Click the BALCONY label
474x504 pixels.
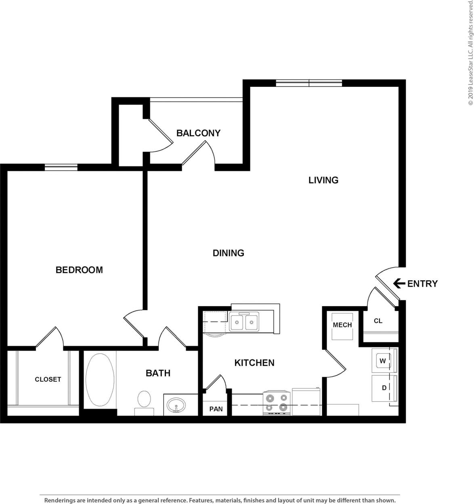click(x=198, y=133)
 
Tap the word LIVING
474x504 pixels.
click(x=323, y=180)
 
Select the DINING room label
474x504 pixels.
click(x=229, y=253)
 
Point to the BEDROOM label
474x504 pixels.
click(x=79, y=270)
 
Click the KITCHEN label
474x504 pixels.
click(x=254, y=363)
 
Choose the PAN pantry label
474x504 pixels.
click(x=216, y=409)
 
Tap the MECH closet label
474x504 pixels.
click(x=342, y=325)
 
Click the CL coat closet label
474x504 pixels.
click(x=378, y=321)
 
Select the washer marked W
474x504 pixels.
click(x=383, y=361)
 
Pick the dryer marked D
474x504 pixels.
click(x=384, y=388)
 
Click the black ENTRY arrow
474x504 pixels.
click(x=399, y=283)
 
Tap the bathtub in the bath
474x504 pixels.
click(x=100, y=380)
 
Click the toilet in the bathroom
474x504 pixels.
click(x=144, y=400)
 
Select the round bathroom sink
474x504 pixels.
click(x=176, y=404)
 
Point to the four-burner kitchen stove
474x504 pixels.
click(x=277, y=402)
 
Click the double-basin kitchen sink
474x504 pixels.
click(x=244, y=322)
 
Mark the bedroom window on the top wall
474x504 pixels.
click(x=61, y=167)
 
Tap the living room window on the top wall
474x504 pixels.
click(x=309, y=83)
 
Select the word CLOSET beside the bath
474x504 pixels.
click(x=48, y=379)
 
